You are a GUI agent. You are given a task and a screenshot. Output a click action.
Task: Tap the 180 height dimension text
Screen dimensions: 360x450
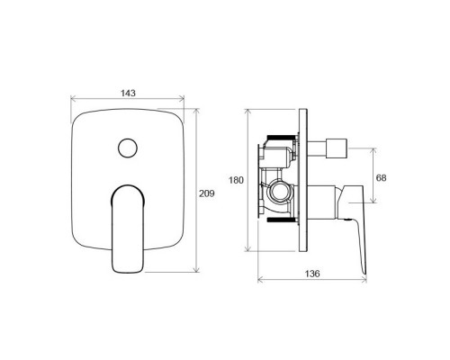(237, 180)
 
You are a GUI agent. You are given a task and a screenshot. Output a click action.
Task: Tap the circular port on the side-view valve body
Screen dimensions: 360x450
(281, 193)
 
